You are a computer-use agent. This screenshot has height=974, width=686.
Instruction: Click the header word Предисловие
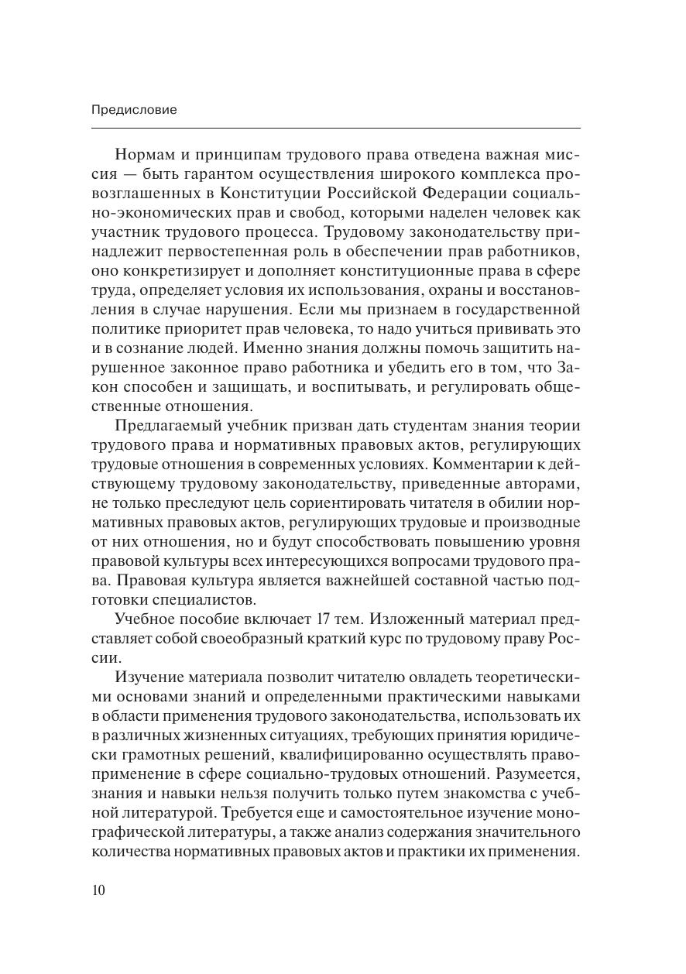(x=134, y=110)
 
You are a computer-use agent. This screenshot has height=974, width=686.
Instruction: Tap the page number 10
(x=98, y=890)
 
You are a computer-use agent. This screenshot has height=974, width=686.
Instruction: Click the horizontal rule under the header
(x=335, y=128)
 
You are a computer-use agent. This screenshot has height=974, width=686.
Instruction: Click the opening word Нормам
(x=148, y=153)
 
